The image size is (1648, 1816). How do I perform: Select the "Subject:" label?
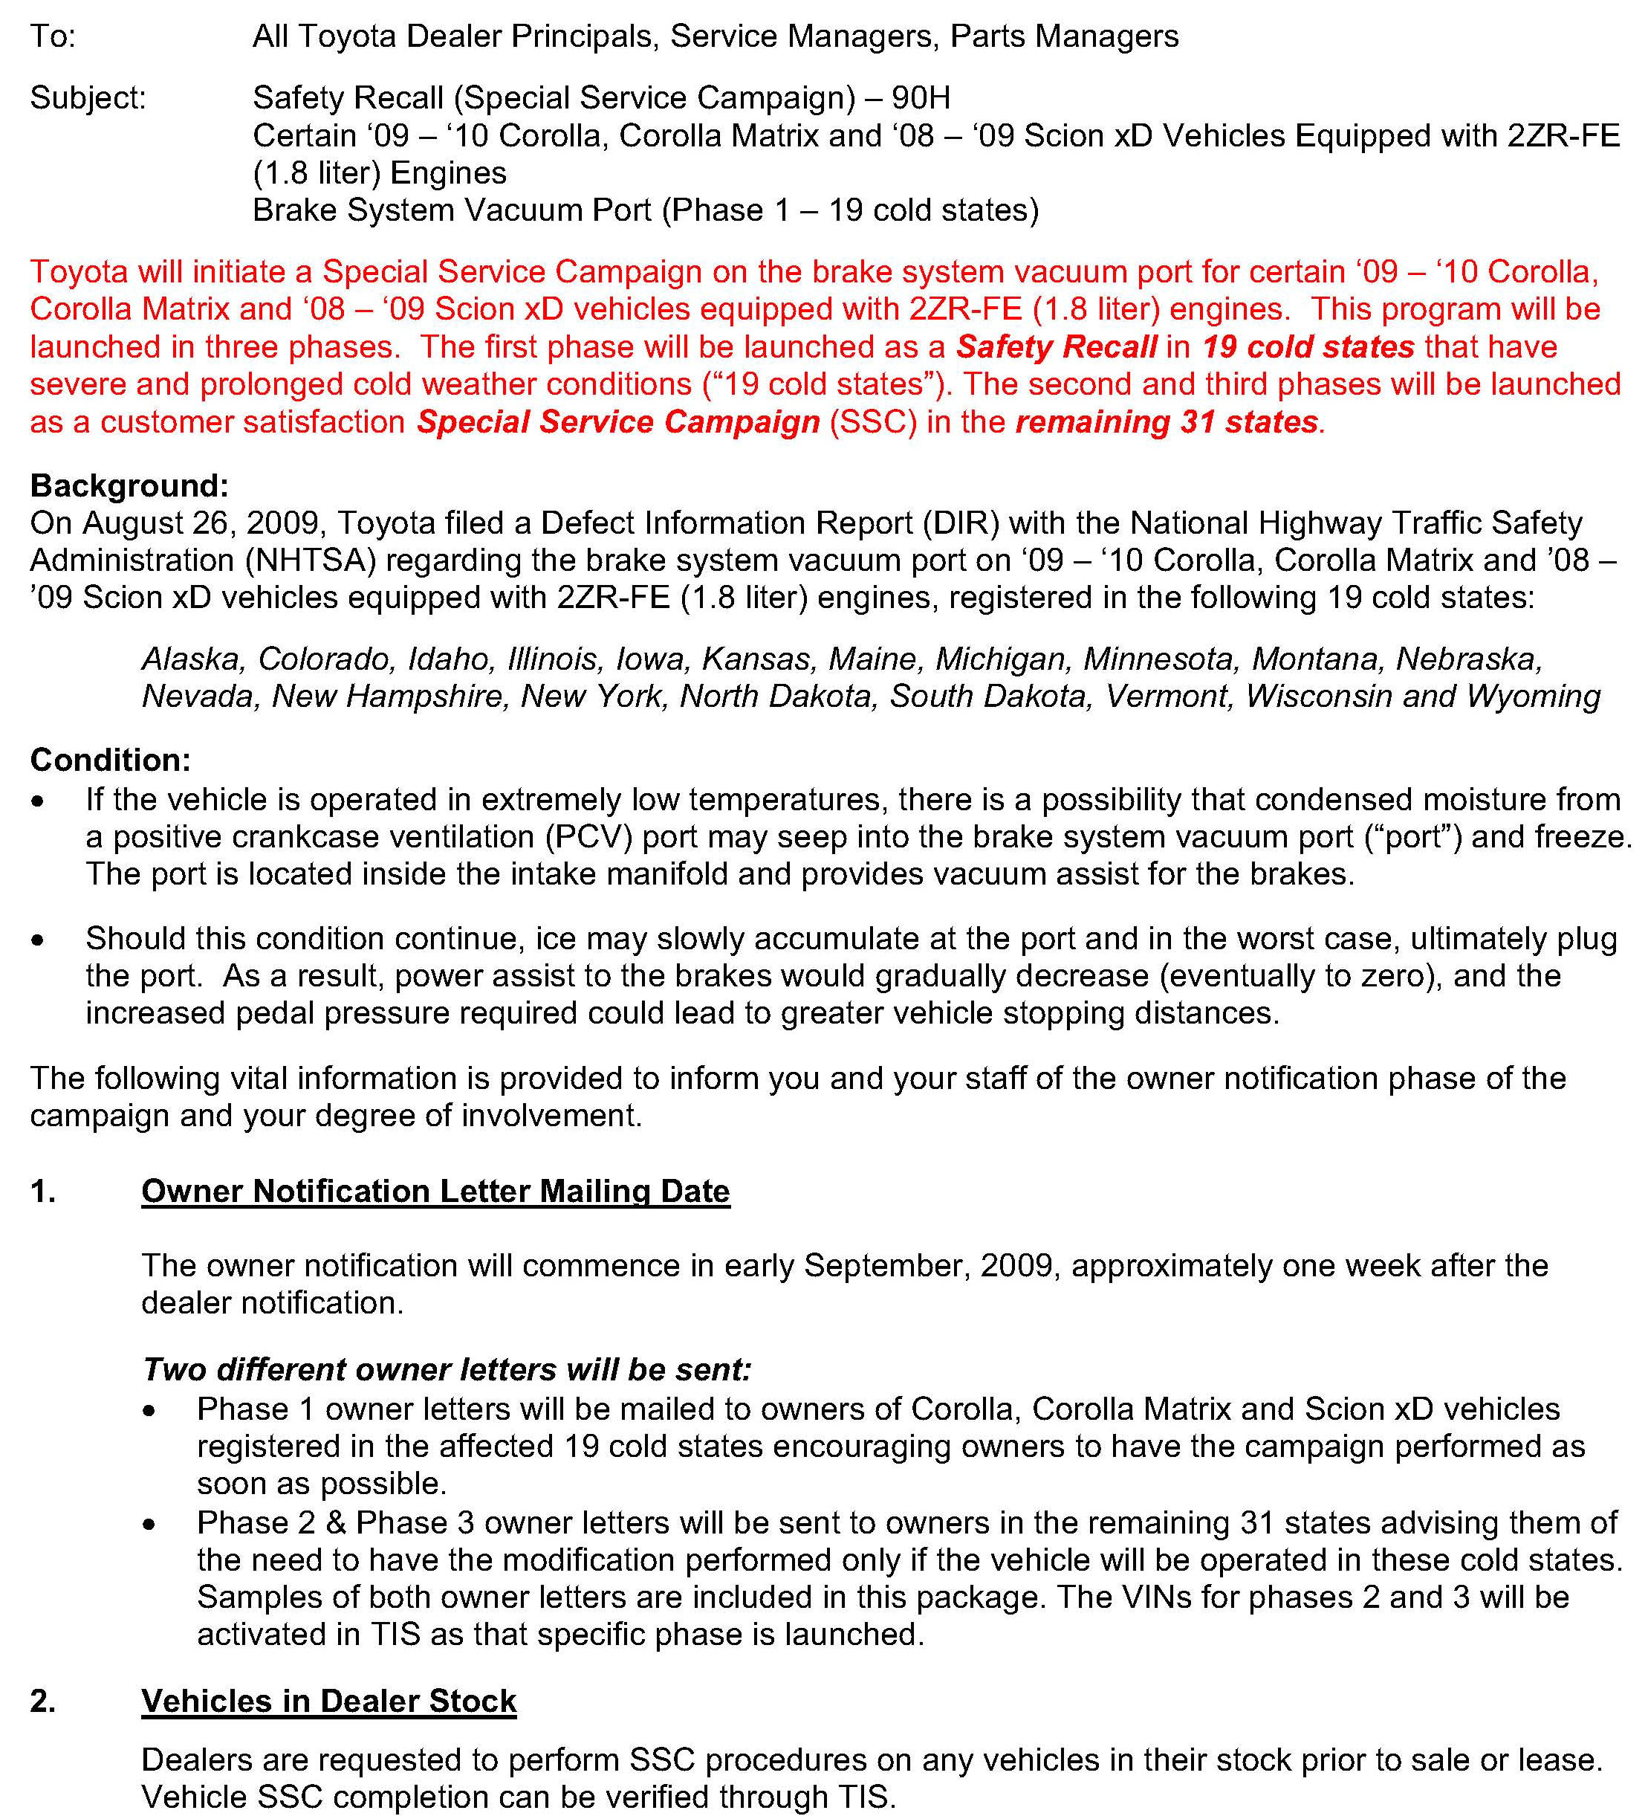(88, 97)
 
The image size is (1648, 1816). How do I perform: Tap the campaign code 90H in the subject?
(921, 97)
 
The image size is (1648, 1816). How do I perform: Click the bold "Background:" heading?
(129, 485)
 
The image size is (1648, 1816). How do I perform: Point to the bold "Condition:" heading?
(110, 760)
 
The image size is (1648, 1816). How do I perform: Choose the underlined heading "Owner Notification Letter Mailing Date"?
(435, 1191)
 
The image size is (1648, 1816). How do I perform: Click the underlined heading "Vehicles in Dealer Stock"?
(328, 1701)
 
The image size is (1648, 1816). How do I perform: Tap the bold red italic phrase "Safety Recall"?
(1055, 347)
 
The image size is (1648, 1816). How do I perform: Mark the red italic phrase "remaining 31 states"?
(1167, 421)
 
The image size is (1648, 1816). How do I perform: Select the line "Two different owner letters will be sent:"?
(446, 1369)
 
